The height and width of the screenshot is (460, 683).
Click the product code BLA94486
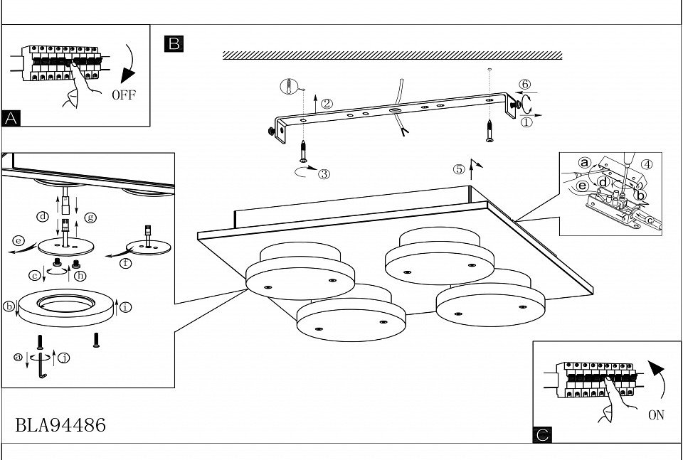[x=60, y=425]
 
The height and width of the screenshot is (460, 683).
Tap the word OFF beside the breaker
[x=123, y=95]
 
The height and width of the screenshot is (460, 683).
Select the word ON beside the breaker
[x=656, y=414]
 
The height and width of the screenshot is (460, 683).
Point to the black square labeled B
[x=173, y=43]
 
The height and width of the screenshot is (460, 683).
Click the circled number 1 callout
[x=526, y=122]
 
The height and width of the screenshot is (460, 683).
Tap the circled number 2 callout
[x=327, y=102]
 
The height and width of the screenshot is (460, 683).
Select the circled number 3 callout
[x=323, y=173]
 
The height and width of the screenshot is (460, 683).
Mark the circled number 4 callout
[x=646, y=164]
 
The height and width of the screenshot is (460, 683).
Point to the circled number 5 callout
[x=459, y=169]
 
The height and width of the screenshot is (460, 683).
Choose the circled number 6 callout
[x=525, y=84]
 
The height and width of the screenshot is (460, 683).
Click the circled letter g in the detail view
[x=90, y=216]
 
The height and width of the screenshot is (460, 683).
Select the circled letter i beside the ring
[x=126, y=307]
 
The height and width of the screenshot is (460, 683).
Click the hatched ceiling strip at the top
[x=392, y=55]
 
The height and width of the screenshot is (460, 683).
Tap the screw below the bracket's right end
[x=490, y=130]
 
